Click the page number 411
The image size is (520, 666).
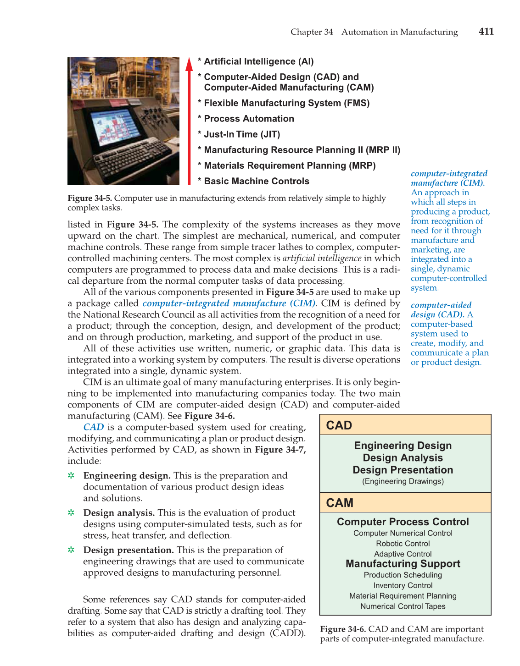tap(486, 32)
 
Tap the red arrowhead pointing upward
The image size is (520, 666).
tap(189, 65)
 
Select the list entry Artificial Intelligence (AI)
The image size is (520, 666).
tap(259, 61)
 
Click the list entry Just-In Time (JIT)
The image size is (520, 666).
tap(242, 134)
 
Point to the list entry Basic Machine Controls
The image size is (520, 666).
tap(257, 181)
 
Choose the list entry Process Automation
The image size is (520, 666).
tap(249, 119)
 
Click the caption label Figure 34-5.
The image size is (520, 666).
tap(89, 198)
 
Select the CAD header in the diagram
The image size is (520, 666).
tap(339, 425)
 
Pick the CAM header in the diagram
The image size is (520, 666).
tap(340, 503)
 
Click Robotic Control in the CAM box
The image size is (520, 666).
tap(403, 544)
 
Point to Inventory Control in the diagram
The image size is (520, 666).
tap(403, 585)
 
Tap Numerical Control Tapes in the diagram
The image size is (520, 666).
tap(403, 606)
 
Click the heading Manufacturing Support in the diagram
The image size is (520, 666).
tap(403, 564)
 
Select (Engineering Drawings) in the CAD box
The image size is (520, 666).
tap(403, 481)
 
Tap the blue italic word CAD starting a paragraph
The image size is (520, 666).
tap(94, 427)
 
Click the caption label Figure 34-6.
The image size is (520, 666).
tap(343, 629)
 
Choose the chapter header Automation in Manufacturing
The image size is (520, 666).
tap(399, 32)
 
